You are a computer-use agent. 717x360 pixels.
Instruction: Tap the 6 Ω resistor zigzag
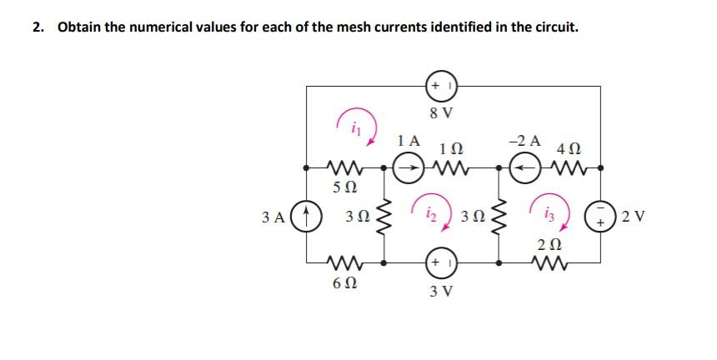pos(346,263)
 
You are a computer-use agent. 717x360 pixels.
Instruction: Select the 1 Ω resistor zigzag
pos(450,168)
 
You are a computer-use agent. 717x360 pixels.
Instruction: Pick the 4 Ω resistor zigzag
pos(569,168)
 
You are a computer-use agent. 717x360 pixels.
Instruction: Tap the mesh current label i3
pos(549,214)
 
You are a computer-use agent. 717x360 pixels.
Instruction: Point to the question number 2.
pos(38,27)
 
